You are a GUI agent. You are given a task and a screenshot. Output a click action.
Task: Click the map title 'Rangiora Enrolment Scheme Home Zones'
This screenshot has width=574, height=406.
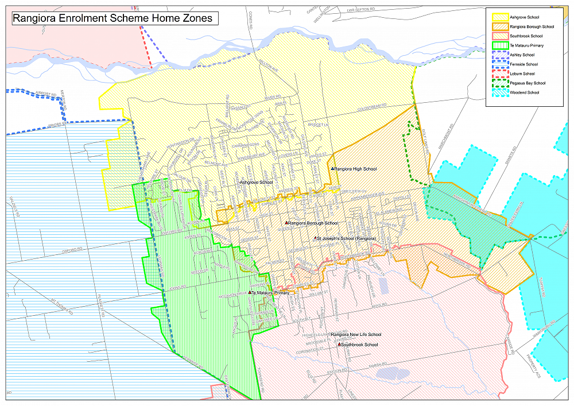coord(113,18)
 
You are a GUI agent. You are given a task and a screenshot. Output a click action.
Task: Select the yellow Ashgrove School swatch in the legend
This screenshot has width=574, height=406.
coord(499,17)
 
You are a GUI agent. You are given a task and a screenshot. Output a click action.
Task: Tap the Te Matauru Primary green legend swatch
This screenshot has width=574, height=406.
coord(499,45)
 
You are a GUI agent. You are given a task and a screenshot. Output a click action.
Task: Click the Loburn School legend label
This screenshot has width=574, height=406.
coord(522,74)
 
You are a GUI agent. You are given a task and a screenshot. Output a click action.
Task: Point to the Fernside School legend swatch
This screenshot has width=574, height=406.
coord(499,64)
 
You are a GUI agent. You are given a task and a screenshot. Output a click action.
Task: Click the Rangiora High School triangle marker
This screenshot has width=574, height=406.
coord(332,168)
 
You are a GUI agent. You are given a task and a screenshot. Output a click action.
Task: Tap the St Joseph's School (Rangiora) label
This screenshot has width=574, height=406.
coord(347,238)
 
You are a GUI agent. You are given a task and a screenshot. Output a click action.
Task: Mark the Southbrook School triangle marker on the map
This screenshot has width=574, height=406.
coord(339,345)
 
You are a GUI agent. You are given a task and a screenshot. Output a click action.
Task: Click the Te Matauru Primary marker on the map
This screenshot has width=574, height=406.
coord(251,293)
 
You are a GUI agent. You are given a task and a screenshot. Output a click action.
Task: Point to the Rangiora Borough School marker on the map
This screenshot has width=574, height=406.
coord(286,223)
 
